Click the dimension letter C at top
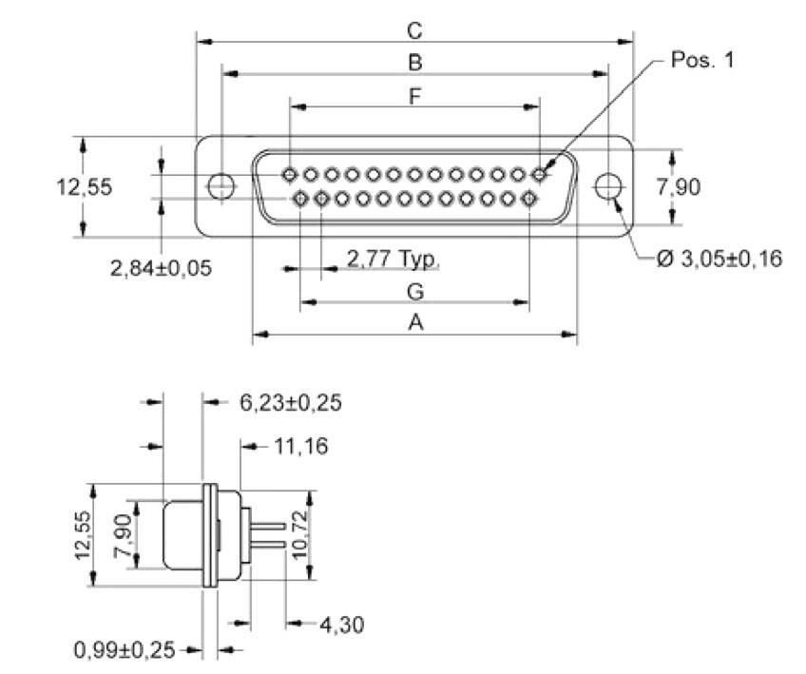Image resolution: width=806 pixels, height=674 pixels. coord(414,30)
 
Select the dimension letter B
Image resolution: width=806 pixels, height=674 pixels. coord(414,63)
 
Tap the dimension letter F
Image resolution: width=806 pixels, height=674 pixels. coord(414,96)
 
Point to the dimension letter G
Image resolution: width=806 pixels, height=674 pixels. coord(414,291)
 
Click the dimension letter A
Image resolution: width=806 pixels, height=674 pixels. coord(414,323)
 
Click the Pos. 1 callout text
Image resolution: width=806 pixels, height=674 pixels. coord(702,60)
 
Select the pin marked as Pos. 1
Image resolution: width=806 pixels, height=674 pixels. coord(540,175)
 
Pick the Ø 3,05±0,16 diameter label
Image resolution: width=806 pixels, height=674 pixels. coord(719,258)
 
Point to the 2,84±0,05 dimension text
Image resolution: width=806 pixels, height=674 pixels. coord(161,268)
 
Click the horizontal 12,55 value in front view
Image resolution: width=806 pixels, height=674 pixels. coord(86,186)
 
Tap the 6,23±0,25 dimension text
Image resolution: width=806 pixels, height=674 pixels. coord(290,402)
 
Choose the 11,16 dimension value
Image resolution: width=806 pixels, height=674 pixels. coord(298,445)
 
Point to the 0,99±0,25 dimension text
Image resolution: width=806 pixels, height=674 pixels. coord(125,650)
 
